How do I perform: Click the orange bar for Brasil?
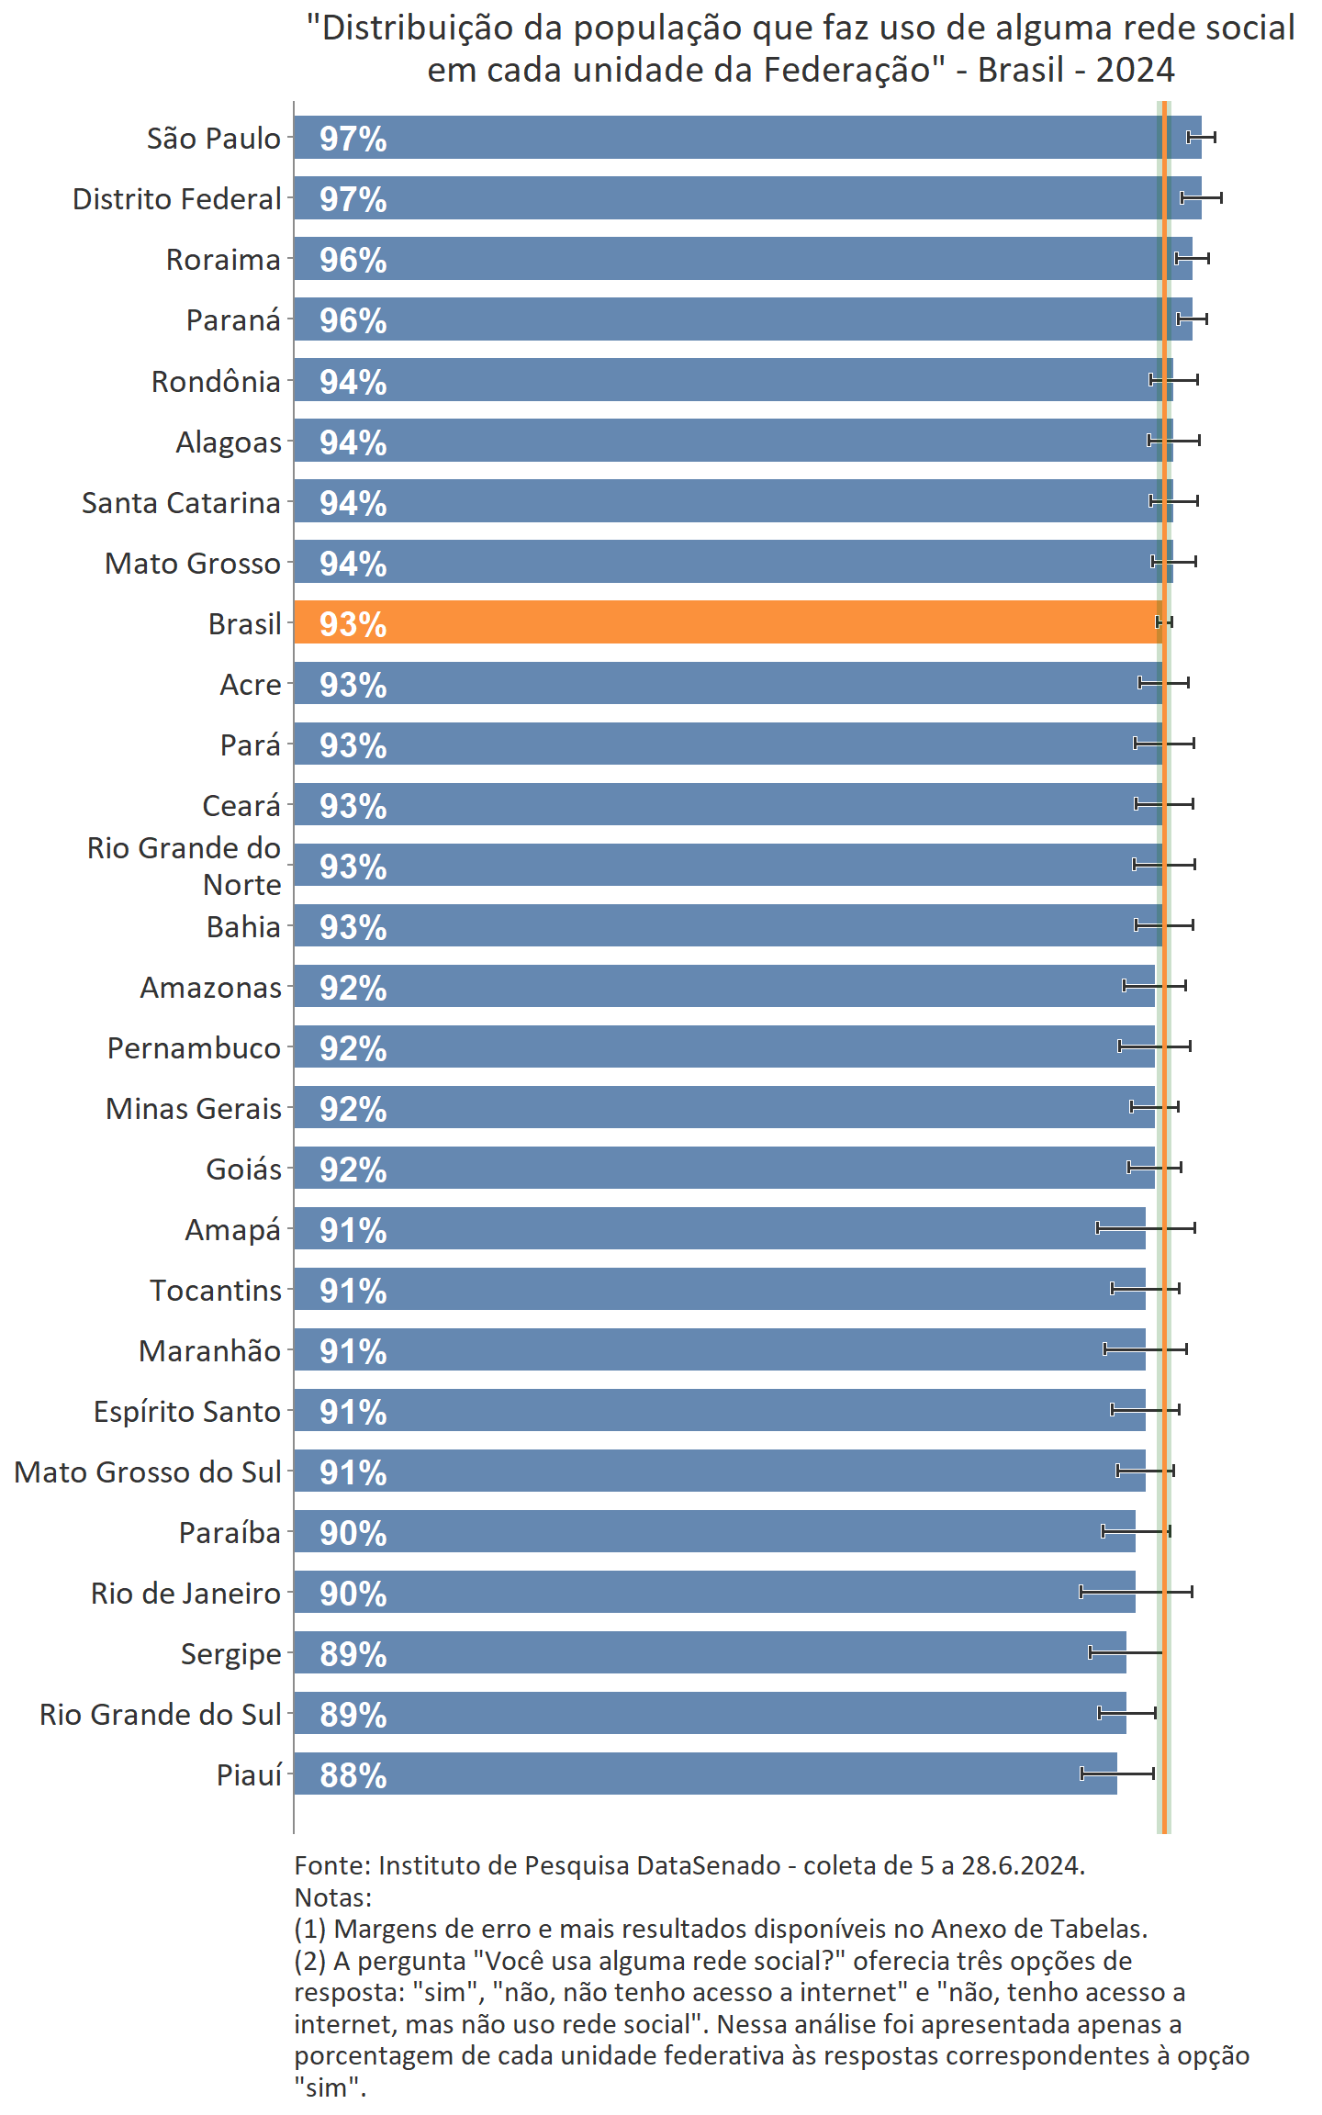click(x=725, y=622)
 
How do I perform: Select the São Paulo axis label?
click(x=214, y=139)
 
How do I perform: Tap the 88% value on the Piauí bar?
click(x=353, y=1775)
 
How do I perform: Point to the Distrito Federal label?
click(x=176, y=199)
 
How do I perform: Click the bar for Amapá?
click(x=716, y=1228)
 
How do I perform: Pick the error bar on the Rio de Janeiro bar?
click(x=1136, y=1592)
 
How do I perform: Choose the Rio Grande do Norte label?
click(x=184, y=866)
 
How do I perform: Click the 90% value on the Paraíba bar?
click(x=353, y=1533)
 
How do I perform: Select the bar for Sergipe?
click(x=707, y=1652)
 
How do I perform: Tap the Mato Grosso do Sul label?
click(x=148, y=1472)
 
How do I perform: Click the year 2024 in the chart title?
click(x=1135, y=71)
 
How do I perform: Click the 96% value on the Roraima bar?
click(x=353, y=260)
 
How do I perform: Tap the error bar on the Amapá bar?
click(x=1146, y=1228)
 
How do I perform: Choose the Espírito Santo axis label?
click(x=186, y=1412)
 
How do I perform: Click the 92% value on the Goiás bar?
click(x=353, y=1169)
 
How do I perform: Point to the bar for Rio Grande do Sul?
click(x=707, y=1713)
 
